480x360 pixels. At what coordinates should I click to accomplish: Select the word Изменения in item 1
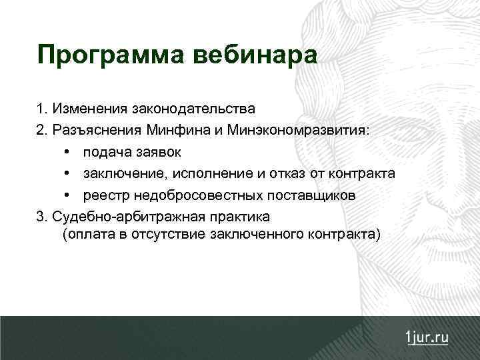click(x=86, y=107)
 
